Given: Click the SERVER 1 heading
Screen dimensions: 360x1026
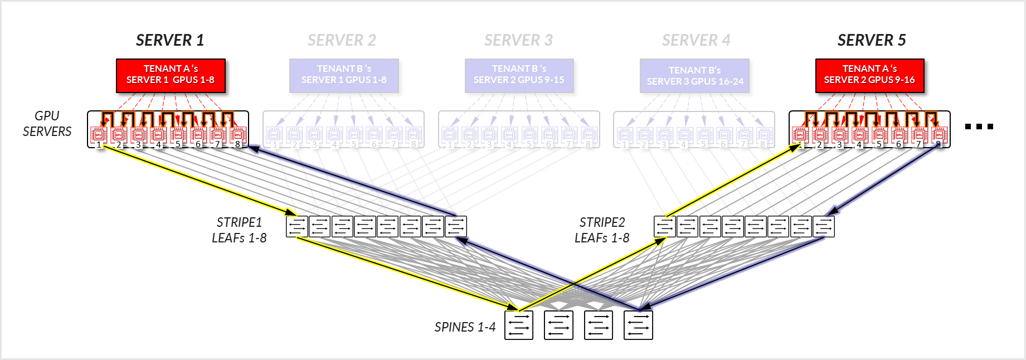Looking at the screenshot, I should (170, 40).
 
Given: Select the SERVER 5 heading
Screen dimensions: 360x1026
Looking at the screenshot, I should (872, 40).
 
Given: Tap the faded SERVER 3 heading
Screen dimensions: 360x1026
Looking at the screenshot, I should (518, 40).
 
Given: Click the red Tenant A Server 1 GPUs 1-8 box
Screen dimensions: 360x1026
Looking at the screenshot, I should (171, 75).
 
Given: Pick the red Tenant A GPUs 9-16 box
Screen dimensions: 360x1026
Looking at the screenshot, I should (869, 75).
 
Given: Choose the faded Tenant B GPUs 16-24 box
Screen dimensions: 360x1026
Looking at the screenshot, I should (694, 76).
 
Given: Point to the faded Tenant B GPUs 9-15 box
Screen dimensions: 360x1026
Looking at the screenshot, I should (519, 75).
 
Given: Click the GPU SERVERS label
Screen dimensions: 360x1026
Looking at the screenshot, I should (47, 124).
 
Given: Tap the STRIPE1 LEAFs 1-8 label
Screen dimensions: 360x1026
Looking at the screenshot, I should (239, 230).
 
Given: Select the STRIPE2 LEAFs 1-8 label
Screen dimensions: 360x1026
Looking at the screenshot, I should (602, 230).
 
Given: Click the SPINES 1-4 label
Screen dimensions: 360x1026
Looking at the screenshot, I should (465, 327).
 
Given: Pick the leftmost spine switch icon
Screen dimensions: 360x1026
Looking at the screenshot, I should (519, 325).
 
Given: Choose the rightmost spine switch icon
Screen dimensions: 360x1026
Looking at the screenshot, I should (638, 325).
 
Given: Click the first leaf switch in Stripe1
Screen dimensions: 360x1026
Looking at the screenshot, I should (297, 227).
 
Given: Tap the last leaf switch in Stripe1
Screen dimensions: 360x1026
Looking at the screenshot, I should (456, 227).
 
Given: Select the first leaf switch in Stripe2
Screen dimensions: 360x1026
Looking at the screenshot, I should (665, 227).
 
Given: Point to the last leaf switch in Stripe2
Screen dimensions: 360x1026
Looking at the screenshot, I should (824, 227).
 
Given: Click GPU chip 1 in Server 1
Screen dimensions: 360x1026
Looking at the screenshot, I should (99, 134).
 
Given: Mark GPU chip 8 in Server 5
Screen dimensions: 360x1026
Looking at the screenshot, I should (939, 134).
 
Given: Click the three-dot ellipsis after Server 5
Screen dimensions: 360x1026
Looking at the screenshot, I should (979, 127).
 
